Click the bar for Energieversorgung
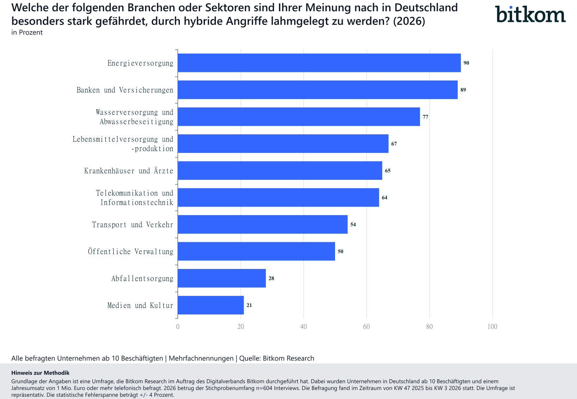319,63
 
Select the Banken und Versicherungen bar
317,90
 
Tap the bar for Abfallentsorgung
221,278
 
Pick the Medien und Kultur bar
211,305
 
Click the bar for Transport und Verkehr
262,224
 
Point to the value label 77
425,117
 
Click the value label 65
388,171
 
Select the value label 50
340,251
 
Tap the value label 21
249,305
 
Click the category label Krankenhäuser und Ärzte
129,171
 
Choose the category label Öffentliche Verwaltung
130,252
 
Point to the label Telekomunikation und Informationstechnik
135,198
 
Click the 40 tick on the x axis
303,327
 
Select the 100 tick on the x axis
492,327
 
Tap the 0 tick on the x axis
178,327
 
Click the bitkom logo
530,14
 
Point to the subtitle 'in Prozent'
27,32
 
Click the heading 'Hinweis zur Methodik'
40,373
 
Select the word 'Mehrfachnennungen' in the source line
201,358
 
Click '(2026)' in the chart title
409,21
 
